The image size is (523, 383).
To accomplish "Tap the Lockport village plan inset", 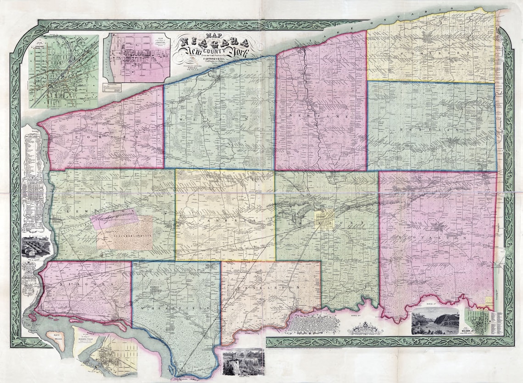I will pos(64,71).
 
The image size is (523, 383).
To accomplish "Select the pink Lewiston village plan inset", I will pos(136,57).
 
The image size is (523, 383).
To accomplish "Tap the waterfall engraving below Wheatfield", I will pos(243,362).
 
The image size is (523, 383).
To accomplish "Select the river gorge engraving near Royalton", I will pos(435,321).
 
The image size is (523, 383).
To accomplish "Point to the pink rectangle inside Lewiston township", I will pos(115,219).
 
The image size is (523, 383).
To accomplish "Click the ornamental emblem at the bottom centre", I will pos(362,327).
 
